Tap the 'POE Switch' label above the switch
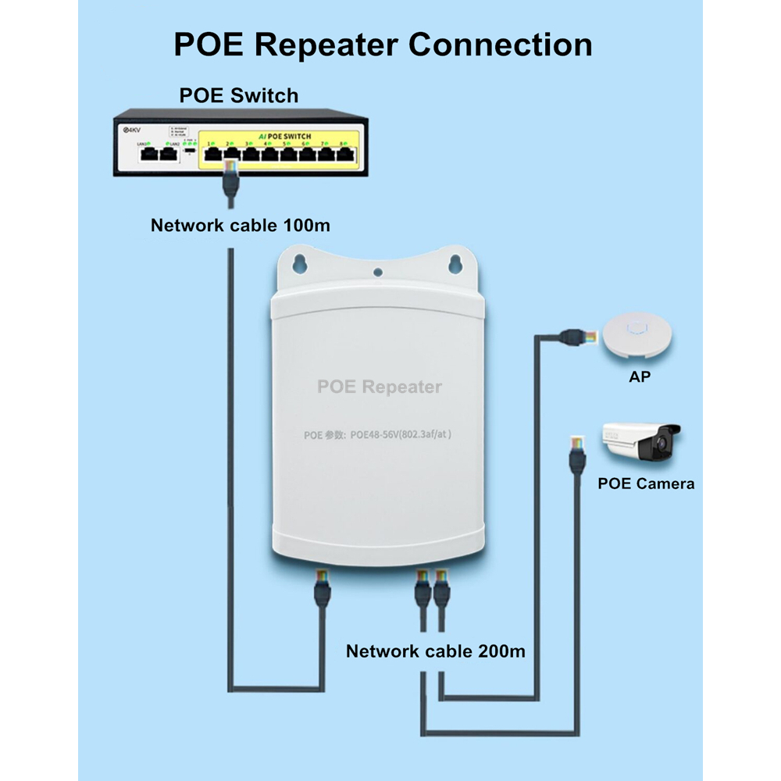239,95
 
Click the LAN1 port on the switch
146,153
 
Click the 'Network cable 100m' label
240,226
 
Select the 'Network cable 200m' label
435,651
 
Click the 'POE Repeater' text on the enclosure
379,387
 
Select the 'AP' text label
640,376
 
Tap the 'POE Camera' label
645,483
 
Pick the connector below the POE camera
576,455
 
